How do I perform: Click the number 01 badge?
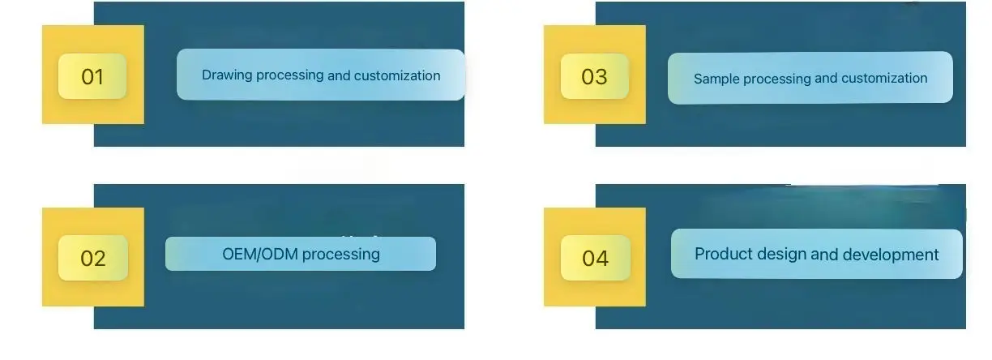click(92, 76)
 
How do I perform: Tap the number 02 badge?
click(93, 258)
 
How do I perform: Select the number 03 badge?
click(594, 76)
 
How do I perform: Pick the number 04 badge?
click(595, 258)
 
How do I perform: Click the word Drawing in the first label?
click(227, 75)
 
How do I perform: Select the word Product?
click(723, 254)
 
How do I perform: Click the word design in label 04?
click(781, 254)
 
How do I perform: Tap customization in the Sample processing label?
click(884, 79)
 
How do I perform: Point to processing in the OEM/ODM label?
click(341, 254)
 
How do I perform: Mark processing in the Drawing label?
click(289, 75)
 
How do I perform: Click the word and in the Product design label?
click(824, 255)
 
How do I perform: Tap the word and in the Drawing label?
click(339, 75)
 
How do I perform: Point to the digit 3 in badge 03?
click(601, 76)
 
